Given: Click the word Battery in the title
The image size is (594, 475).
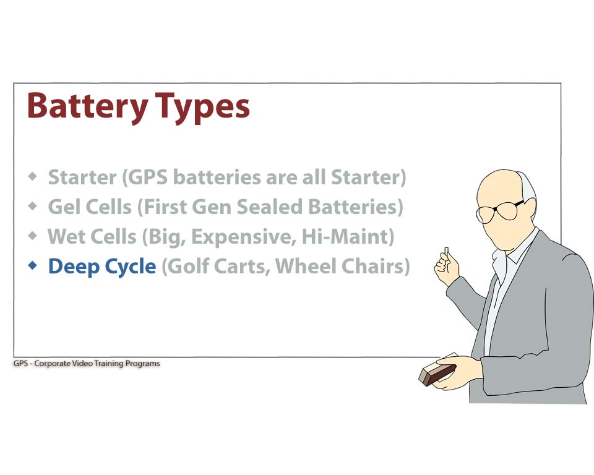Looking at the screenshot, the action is click(x=87, y=106).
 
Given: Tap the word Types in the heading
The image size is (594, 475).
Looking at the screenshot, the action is click(x=203, y=108).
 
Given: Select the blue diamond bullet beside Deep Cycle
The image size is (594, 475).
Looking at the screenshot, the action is click(x=33, y=265).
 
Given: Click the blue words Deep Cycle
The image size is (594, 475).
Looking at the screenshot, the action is click(x=102, y=267).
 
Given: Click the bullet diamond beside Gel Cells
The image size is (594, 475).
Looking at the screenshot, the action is click(x=33, y=206).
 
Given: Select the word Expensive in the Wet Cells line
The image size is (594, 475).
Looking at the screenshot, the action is click(x=244, y=237).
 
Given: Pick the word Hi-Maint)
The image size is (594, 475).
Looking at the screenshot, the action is click(x=348, y=237).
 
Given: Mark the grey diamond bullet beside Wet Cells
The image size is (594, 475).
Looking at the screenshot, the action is click(x=33, y=236).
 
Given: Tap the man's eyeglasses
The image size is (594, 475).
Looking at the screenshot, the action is click(x=499, y=211).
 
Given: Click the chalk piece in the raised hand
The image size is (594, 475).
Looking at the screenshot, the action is click(x=446, y=252).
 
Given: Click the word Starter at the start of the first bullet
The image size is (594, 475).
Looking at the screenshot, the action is click(x=82, y=178).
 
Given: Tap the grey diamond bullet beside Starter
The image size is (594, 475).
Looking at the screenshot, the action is click(x=33, y=176).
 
